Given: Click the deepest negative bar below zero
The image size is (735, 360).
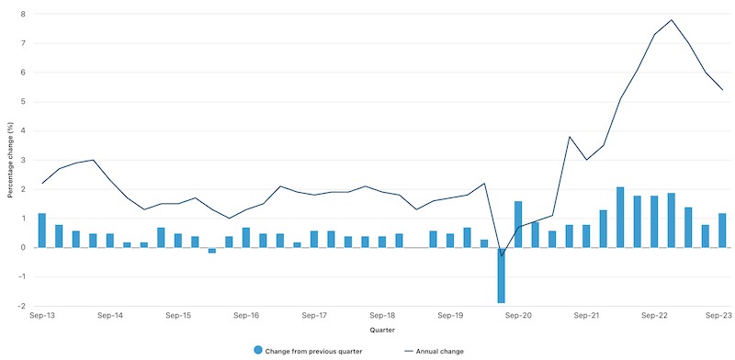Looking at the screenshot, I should point(502,275).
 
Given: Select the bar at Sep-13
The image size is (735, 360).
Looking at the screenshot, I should point(42,231).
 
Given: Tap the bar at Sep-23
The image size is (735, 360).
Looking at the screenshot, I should point(722,231).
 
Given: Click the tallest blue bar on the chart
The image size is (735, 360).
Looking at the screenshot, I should point(620,218).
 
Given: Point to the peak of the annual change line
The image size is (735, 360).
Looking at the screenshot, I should point(672,20).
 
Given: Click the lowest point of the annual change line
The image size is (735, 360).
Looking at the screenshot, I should point(502,255).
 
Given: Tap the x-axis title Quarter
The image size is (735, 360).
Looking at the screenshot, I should point(382,329).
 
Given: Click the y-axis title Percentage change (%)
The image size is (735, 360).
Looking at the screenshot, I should point(11,160).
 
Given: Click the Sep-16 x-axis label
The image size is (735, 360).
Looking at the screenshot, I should point(246,315).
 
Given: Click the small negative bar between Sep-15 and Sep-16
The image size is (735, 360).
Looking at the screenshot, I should point(212,251).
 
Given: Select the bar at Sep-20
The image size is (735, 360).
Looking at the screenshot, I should point(518,224).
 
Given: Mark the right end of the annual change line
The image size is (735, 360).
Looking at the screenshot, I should point(722,90).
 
